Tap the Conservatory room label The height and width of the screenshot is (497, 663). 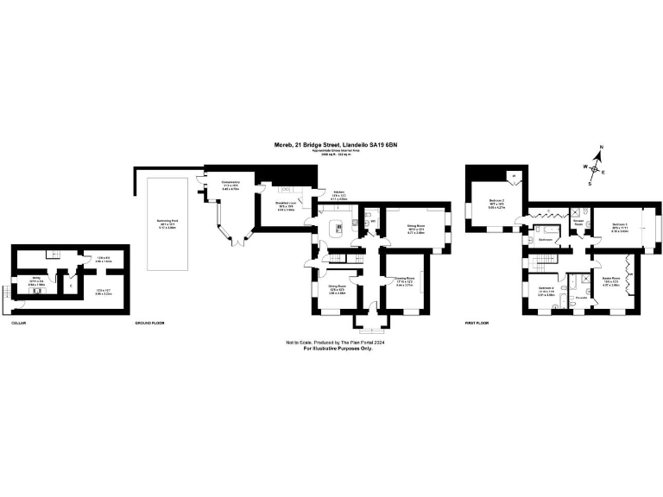[x=230, y=182]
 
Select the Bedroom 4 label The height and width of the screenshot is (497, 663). [x=546, y=288]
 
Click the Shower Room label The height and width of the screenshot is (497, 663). [x=578, y=221]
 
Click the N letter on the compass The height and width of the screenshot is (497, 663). [x=602, y=148]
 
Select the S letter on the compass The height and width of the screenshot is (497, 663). [x=590, y=183]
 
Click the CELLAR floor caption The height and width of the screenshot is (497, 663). [x=19, y=323]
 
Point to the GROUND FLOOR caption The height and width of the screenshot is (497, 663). [x=149, y=323]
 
